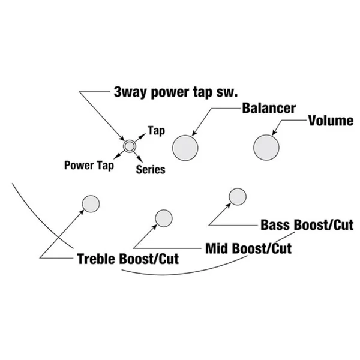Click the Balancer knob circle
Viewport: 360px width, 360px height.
185,148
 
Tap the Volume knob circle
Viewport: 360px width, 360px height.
266,148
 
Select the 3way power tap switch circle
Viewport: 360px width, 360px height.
130,146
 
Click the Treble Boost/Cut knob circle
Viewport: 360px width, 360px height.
91,204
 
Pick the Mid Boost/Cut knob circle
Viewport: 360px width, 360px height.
164,218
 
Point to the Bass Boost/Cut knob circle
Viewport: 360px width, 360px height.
238,197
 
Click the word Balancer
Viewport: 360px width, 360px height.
269,108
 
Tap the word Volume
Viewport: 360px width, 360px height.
331,121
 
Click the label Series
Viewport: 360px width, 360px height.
151,170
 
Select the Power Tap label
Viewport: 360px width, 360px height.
89,166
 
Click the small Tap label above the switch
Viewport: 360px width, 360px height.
157,131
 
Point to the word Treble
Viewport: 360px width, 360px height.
97,259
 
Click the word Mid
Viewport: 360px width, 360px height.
217,248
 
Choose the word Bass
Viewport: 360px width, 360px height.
276,225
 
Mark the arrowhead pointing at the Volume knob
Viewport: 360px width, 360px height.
274,132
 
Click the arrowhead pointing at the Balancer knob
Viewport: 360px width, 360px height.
194,133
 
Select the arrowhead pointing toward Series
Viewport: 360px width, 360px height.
140,160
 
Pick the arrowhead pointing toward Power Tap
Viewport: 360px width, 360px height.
116,156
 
